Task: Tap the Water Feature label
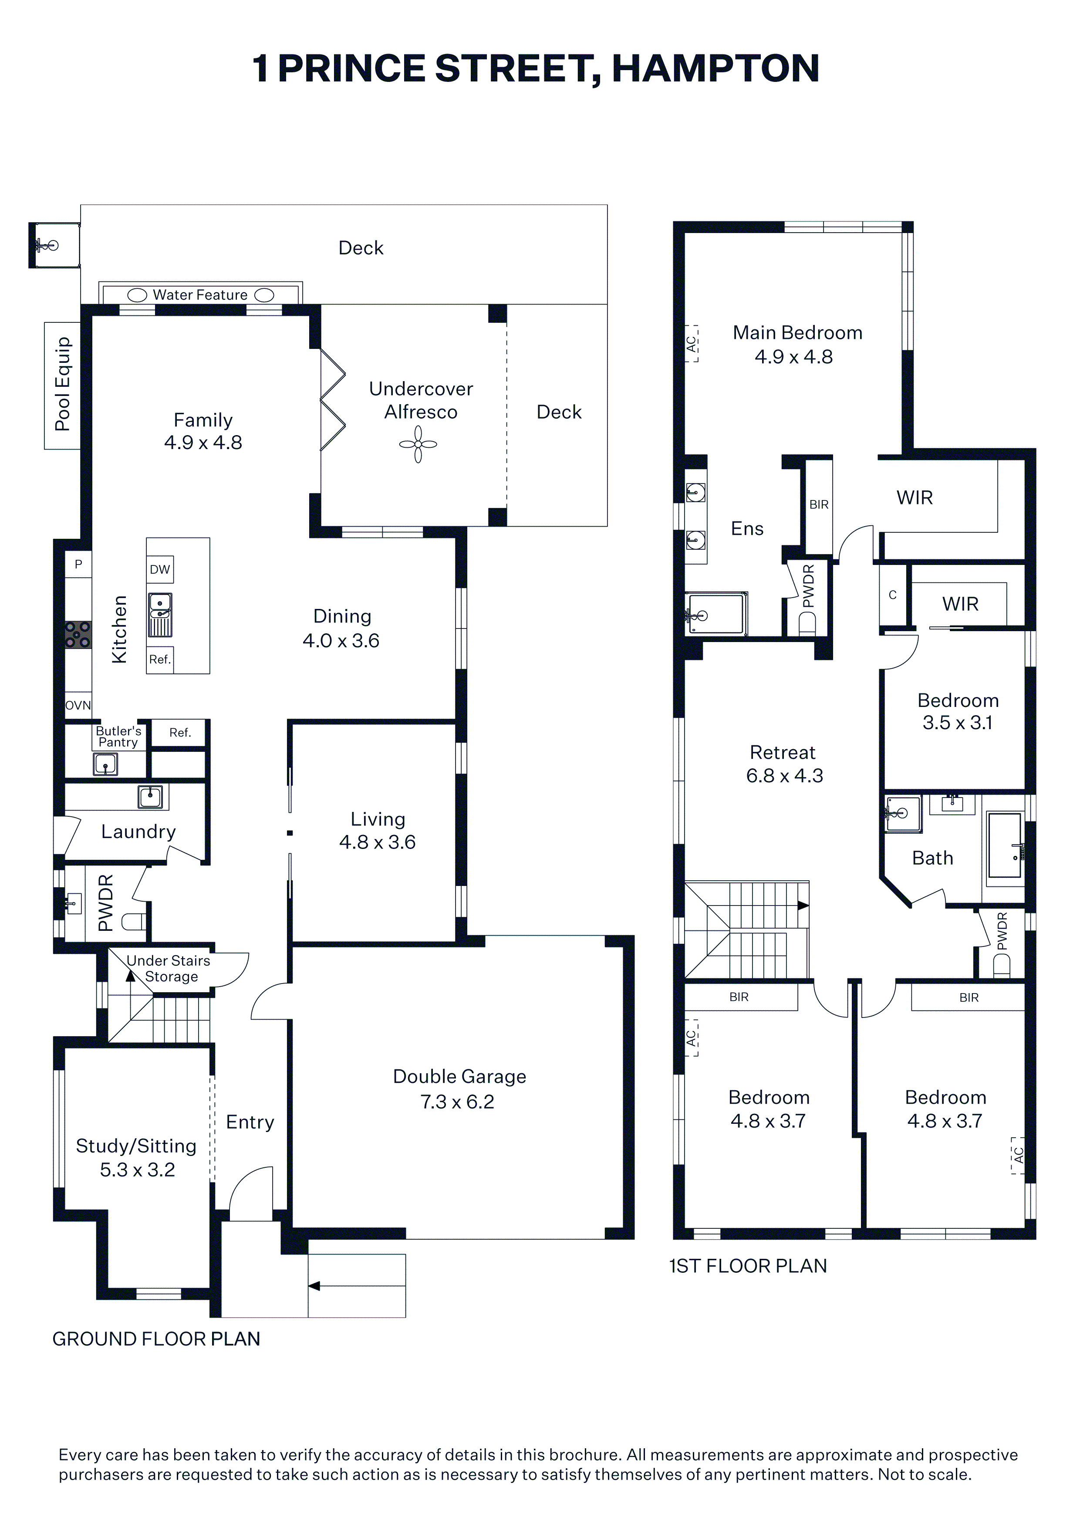tap(200, 295)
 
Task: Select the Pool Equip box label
tap(63, 384)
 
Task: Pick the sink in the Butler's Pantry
tap(105, 764)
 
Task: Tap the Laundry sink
tap(150, 797)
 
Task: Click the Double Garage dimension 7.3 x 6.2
tap(457, 1102)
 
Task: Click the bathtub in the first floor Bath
tap(1005, 845)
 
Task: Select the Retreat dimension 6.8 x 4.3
tap(785, 775)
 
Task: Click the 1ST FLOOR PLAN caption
tap(748, 1266)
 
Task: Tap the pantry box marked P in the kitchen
tap(78, 565)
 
